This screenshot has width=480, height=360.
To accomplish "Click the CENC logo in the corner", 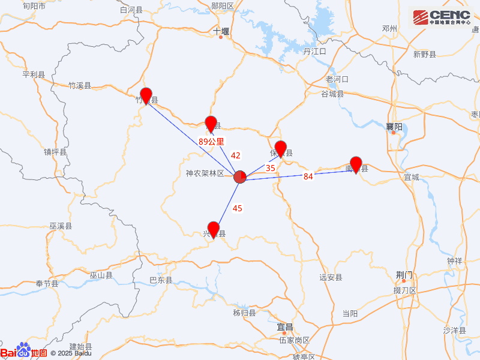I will (x=442, y=17).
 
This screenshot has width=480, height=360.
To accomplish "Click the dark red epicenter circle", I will (x=240, y=176).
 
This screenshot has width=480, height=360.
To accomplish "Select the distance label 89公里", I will (x=211, y=142).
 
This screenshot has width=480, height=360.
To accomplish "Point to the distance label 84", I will (x=308, y=176).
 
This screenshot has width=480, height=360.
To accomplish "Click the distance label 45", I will (x=238, y=208).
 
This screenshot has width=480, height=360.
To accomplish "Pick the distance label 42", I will (x=236, y=155).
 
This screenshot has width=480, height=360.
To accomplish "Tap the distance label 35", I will (x=271, y=169).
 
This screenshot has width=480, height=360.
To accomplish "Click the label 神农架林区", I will (x=205, y=173).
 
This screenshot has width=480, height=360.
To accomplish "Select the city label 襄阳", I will (x=394, y=127).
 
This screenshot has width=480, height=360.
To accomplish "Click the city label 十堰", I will (x=221, y=31).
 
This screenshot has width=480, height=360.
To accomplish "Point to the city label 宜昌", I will (x=285, y=327).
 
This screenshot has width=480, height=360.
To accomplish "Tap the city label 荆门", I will (x=404, y=275).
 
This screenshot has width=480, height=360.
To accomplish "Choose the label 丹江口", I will (x=314, y=52).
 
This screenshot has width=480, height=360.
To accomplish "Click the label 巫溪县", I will (x=61, y=226).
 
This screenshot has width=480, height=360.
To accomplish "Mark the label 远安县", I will (x=331, y=277).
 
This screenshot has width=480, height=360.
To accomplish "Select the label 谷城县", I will (x=332, y=94).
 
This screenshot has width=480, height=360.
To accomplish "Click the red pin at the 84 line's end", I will (x=356, y=163).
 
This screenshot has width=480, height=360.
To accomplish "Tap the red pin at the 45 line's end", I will (x=213, y=229).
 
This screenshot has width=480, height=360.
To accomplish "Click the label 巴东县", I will (x=161, y=280).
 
